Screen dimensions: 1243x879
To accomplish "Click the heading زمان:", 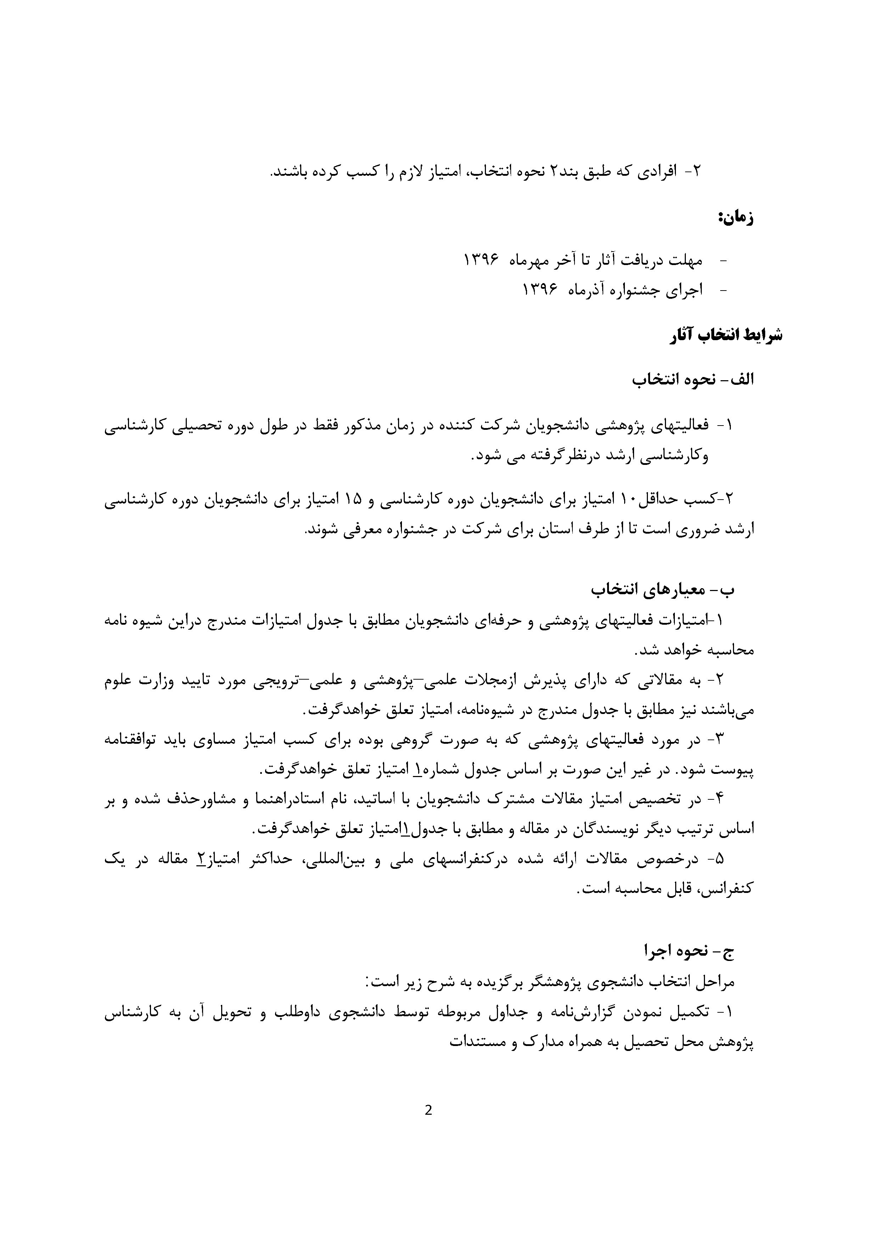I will pos(735,218).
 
